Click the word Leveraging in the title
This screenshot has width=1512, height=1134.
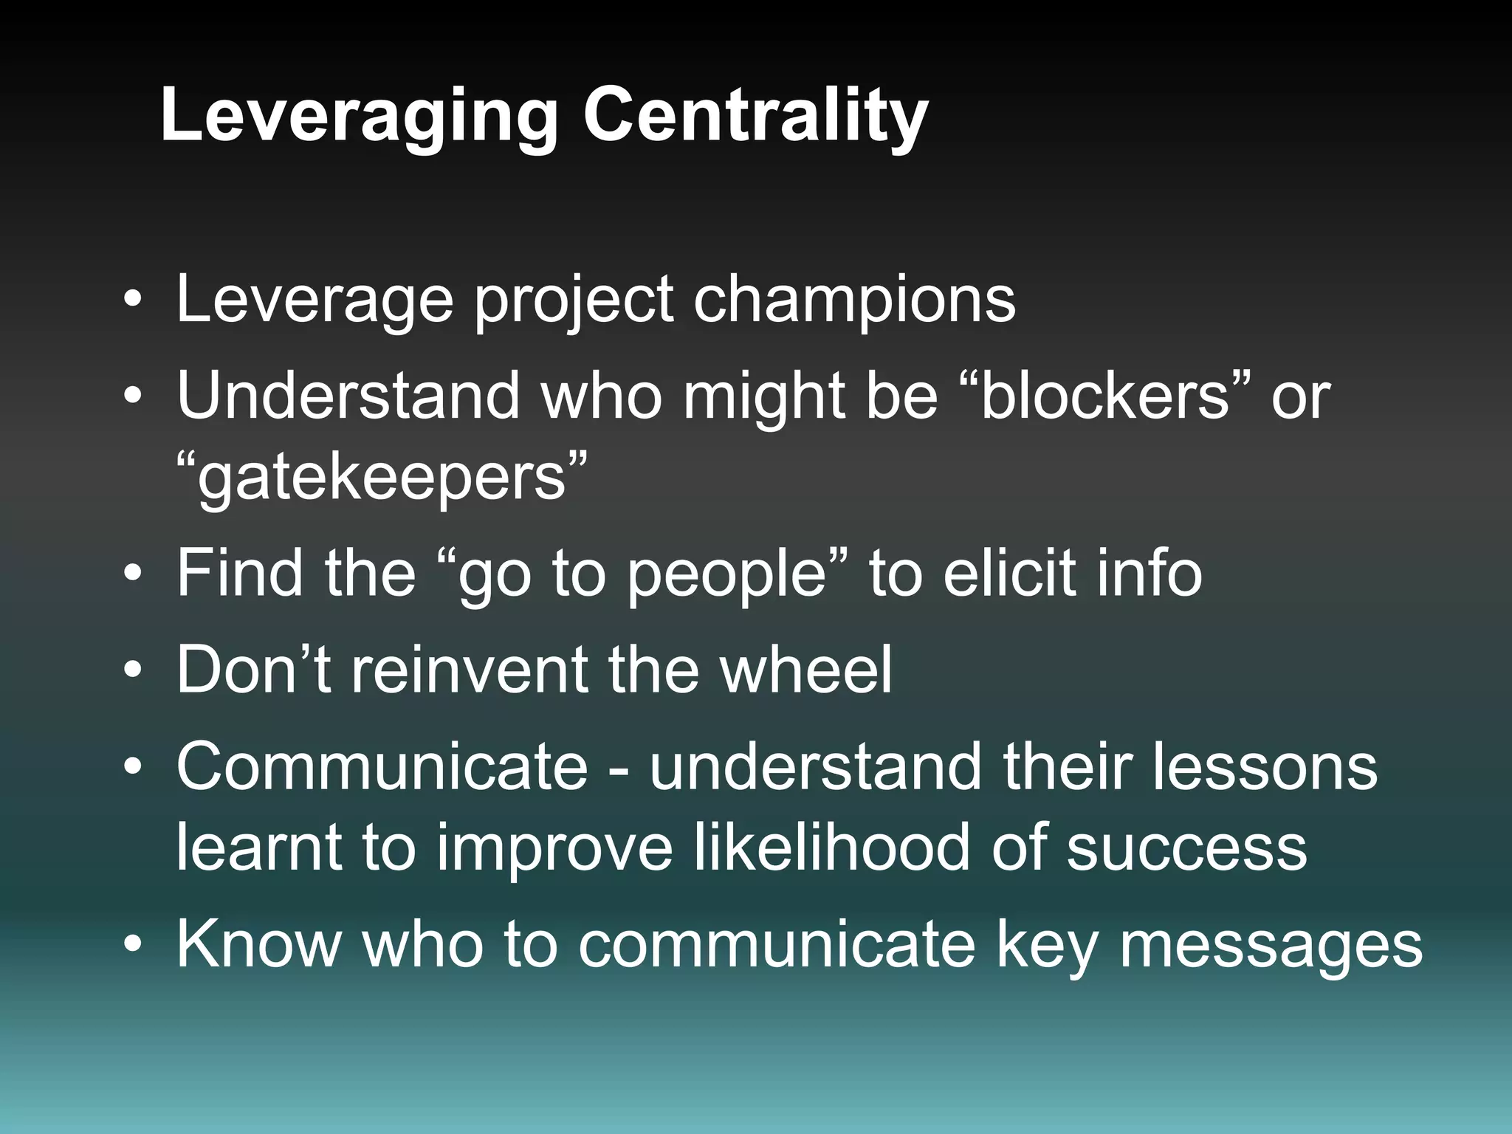[359, 117]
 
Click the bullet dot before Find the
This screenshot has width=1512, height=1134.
[132, 574]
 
